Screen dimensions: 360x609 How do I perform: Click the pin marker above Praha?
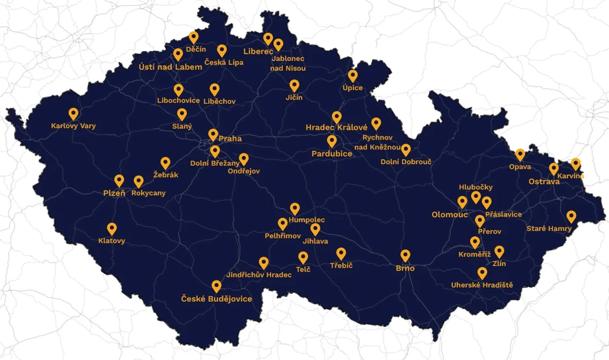pyautogui.click(x=213, y=134)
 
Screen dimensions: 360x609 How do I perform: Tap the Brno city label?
pyautogui.click(x=405, y=268)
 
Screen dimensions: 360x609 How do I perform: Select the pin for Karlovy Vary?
pyautogui.click(x=73, y=114)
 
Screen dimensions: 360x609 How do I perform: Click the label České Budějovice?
pyautogui.click(x=217, y=299)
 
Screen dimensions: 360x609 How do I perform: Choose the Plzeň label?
pyautogui.click(x=114, y=193)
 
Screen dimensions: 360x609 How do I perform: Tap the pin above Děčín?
pyautogui.click(x=194, y=37)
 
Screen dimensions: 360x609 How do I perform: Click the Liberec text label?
pyautogui.click(x=258, y=51)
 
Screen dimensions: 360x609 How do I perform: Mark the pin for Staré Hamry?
pyautogui.click(x=571, y=216)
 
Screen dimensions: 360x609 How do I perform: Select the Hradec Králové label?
pyautogui.click(x=336, y=127)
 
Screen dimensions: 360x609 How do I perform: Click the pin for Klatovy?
pyautogui.click(x=112, y=228)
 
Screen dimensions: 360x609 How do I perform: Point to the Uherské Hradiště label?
pyautogui.click(x=482, y=285)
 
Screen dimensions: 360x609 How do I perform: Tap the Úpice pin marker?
pyautogui.click(x=352, y=75)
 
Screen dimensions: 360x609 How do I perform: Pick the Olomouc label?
pyautogui.click(x=449, y=214)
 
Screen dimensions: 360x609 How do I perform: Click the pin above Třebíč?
pyautogui.click(x=341, y=253)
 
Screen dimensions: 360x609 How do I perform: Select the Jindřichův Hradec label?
pyautogui.click(x=259, y=275)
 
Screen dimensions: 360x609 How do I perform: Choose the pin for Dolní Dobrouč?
pyautogui.click(x=406, y=150)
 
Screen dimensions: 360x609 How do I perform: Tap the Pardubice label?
pyautogui.click(x=332, y=154)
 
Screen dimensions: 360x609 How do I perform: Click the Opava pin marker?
pyautogui.click(x=520, y=154)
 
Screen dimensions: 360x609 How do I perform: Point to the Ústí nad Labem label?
pyautogui.click(x=171, y=67)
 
